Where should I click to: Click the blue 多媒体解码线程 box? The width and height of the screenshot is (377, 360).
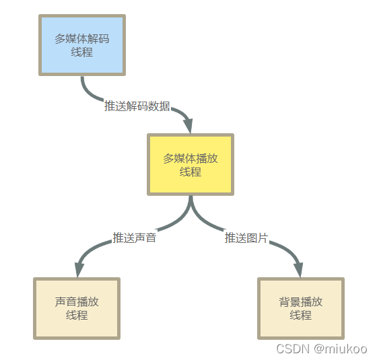82,45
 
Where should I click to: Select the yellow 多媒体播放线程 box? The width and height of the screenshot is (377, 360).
191,164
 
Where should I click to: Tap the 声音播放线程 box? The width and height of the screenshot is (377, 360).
77,309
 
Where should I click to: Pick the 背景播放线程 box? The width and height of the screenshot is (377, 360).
301,309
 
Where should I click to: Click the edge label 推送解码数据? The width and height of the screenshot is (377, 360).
137,106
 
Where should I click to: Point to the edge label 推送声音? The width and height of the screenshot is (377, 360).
135,238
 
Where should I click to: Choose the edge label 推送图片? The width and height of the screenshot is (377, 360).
246,238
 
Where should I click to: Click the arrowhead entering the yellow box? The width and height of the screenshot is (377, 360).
189,125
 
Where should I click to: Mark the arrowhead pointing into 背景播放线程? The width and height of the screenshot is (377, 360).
299,270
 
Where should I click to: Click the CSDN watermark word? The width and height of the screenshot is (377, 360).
293,349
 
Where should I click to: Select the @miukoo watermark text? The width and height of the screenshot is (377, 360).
341,349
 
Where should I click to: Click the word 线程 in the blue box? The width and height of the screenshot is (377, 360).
82,52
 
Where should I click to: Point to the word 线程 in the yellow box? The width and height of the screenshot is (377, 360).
191,172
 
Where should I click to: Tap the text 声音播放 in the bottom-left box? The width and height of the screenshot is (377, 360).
77,301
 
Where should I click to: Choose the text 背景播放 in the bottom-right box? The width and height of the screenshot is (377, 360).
301,301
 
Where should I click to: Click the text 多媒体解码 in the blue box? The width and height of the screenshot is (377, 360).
82,38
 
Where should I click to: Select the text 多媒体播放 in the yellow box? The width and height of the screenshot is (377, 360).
191,158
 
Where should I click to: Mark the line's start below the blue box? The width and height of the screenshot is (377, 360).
82,77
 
